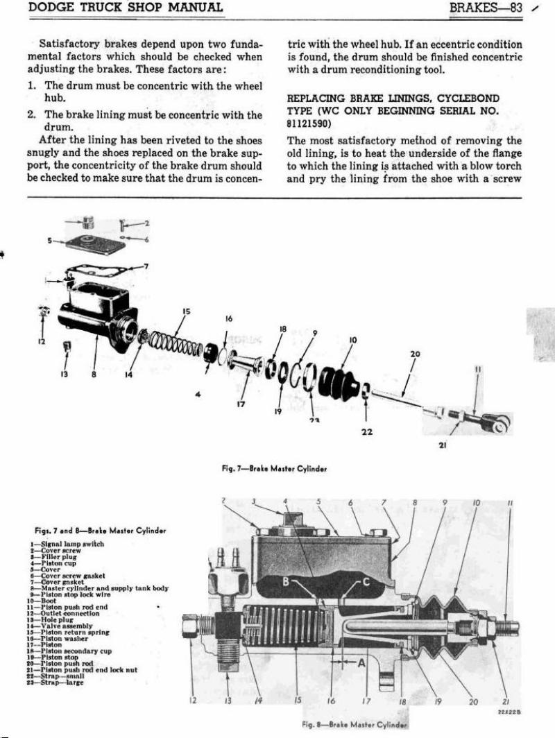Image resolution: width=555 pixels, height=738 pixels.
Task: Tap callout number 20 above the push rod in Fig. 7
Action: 415,354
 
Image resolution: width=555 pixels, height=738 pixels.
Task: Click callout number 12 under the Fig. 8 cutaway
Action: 191,700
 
